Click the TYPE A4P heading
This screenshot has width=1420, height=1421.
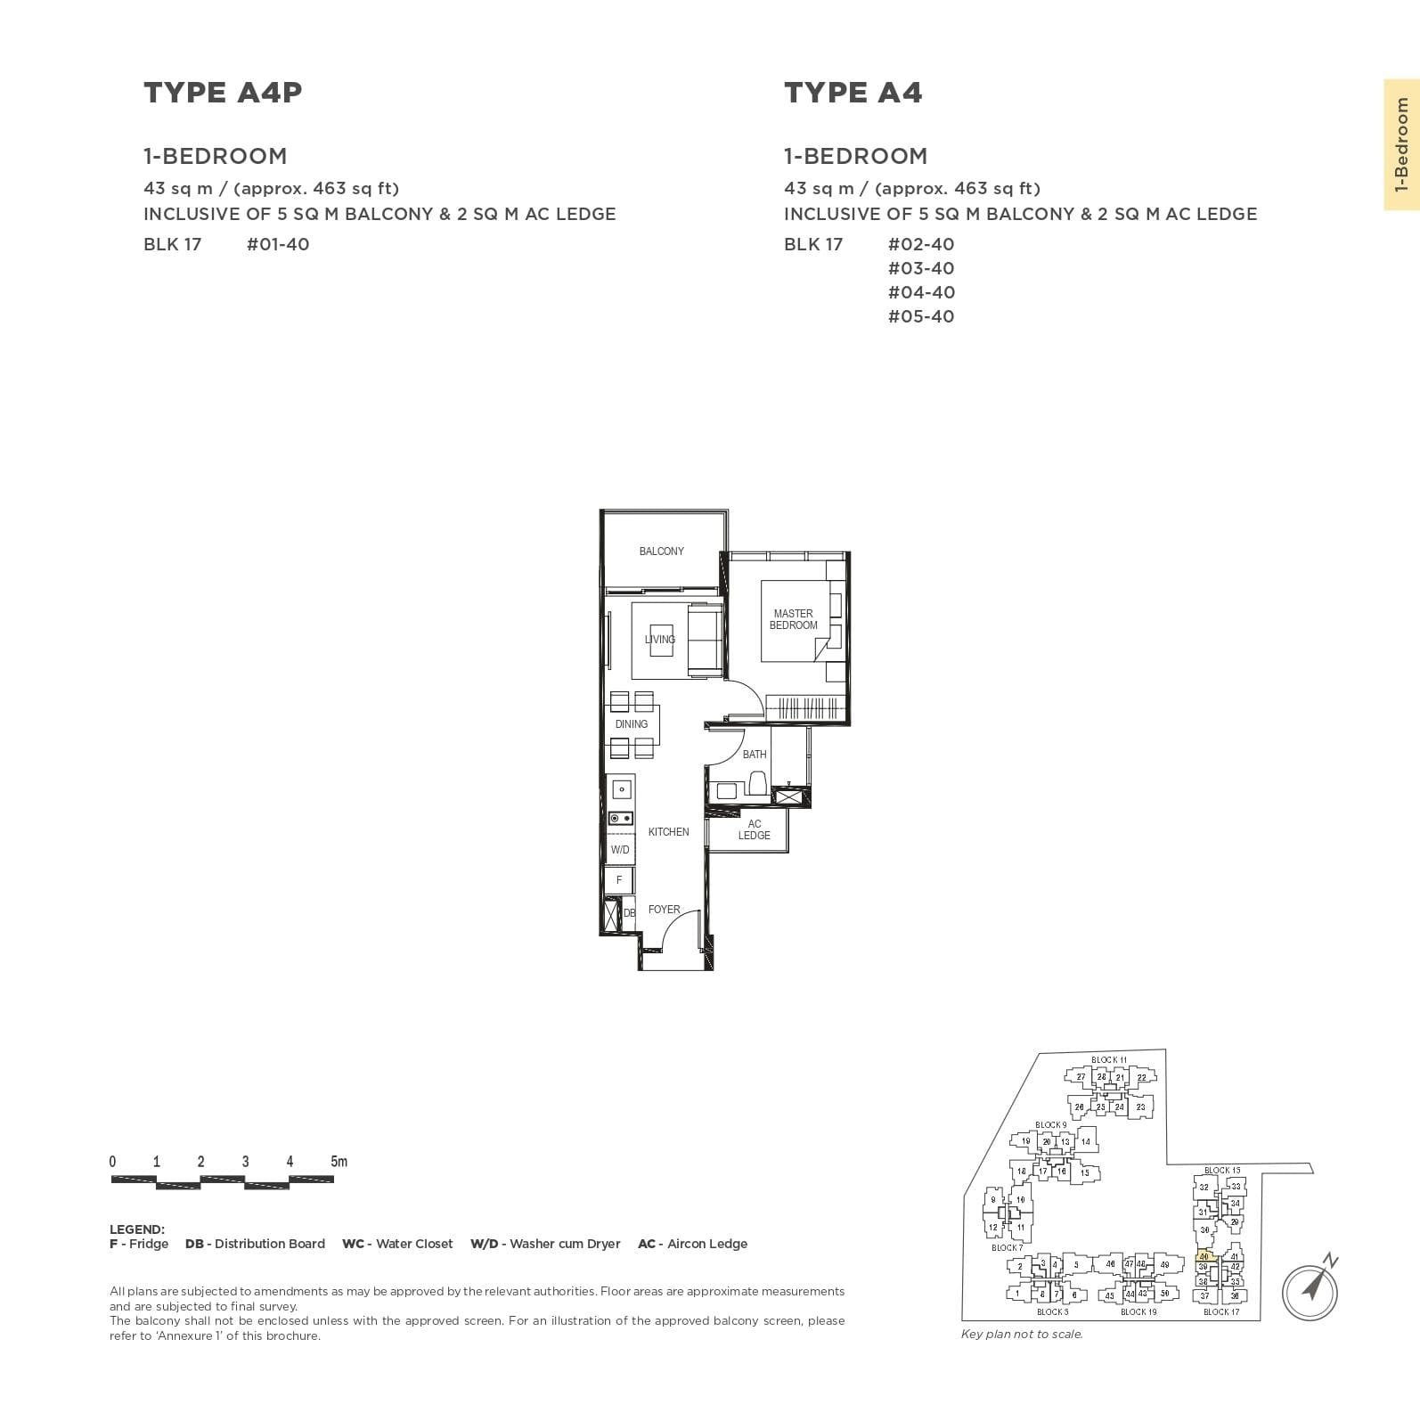point(223,93)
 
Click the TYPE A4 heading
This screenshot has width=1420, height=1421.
point(853,93)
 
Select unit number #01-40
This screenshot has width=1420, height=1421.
point(278,244)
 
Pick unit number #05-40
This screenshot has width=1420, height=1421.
point(921,316)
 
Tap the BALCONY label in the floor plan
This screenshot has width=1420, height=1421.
point(661,551)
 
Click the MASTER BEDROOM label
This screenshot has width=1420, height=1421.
point(793,619)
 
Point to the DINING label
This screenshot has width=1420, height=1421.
point(632,724)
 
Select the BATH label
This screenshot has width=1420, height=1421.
point(755,755)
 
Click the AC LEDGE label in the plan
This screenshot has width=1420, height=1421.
point(754,829)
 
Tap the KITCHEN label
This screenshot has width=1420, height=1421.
point(668,832)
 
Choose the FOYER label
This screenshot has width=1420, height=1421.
point(665,910)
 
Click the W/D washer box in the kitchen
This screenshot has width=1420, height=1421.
point(620,850)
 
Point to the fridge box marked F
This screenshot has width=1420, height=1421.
point(619,880)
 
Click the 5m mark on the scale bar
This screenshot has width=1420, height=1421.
point(339,1162)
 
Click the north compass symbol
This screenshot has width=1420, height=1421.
point(1310,1288)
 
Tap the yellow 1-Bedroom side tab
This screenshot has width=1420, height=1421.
point(1401,144)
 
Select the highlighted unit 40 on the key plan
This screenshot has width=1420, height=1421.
point(1204,1256)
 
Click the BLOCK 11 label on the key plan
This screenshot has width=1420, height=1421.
point(1109,1060)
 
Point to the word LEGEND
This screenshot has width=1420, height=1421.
point(137,1229)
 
